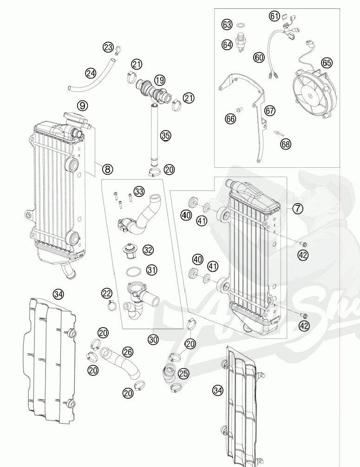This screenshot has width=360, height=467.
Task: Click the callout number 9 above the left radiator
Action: coord(82,105)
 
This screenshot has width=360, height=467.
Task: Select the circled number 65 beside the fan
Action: coord(327,62)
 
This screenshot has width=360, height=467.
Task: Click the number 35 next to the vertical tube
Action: coord(166,136)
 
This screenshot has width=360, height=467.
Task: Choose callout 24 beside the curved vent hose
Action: coord(91,73)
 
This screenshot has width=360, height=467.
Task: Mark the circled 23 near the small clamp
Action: coord(108,47)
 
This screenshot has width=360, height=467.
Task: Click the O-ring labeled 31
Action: coord(132,271)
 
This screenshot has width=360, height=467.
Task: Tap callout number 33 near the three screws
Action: coord(152,191)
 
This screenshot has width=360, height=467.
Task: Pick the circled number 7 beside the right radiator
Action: coord(297,209)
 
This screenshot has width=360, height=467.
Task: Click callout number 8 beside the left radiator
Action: coord(107,169)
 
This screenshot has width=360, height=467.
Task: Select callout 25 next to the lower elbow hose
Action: coord(183,373)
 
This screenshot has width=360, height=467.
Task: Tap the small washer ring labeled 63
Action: coord(241,24)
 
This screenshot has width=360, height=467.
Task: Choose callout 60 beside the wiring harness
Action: coord(259,57)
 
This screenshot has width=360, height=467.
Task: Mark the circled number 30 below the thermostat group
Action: coord(153,340)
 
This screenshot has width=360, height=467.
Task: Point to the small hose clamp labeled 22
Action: coord(111,305)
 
